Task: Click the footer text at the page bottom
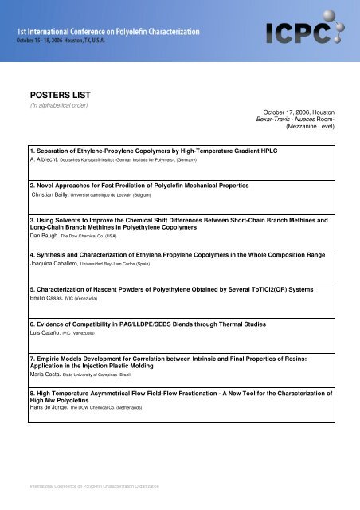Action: [x=93, y=484]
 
